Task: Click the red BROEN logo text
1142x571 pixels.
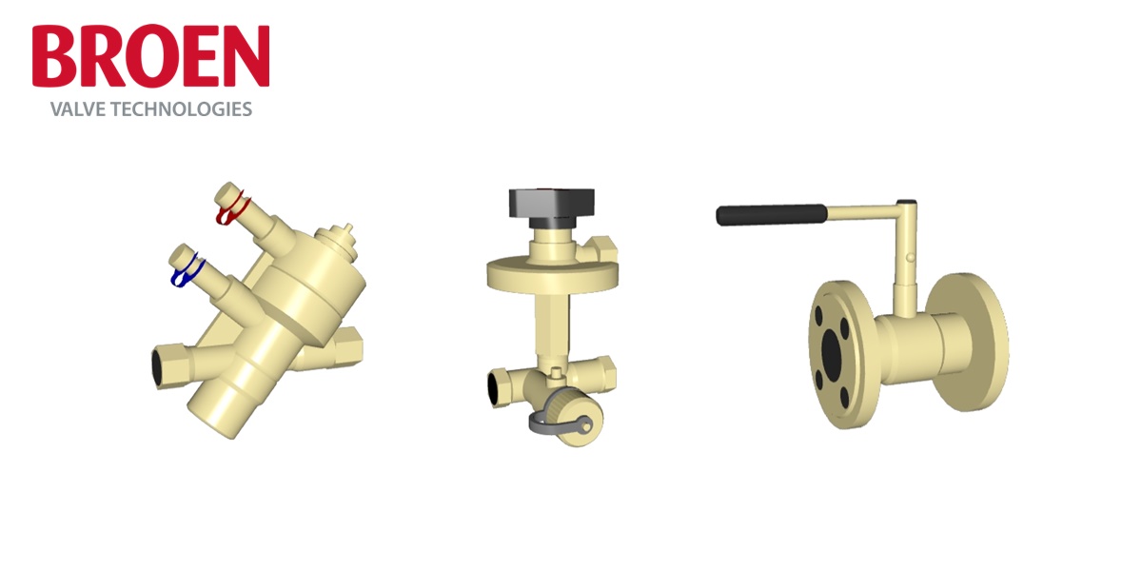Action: [x=150, y=57]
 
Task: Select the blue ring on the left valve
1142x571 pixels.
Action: [x=185, y=273]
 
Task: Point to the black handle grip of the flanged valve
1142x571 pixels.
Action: [x=770, y=214]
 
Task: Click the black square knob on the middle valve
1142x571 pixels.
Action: [x=551, y=203]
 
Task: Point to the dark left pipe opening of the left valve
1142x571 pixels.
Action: [x=165, y=361]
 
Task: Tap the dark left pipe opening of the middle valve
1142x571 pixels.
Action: [x=497, y=386]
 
